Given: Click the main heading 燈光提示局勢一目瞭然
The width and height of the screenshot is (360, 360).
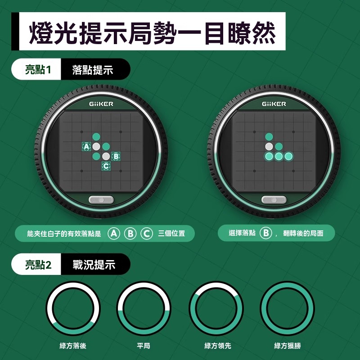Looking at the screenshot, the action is (152, 33).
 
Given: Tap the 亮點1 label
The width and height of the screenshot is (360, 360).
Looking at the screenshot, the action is (38, 70).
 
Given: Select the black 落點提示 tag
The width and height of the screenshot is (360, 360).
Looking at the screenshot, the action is (93, 70).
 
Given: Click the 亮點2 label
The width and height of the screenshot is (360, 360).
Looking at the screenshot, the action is (38, 265).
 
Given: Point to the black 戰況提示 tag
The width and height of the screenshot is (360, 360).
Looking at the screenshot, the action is (94, 265).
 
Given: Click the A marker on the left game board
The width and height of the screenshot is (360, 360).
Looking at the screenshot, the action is (86, 147).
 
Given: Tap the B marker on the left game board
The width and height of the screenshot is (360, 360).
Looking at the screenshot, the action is (116, 156).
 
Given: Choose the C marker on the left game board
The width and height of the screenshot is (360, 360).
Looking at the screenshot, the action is (106, 166).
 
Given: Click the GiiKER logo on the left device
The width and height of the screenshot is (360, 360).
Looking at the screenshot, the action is (101, 104).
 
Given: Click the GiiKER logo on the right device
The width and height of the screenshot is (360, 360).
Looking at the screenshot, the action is (274, 104).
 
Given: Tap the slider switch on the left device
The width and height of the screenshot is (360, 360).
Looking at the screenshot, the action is (101, 200).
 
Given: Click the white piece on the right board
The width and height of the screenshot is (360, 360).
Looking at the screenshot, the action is (269, 147).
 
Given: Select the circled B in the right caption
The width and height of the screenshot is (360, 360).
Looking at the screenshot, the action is (265, 233).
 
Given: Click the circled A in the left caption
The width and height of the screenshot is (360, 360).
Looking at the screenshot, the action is (114, 234).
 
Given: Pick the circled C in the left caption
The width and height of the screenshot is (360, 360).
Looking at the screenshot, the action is (147, 234).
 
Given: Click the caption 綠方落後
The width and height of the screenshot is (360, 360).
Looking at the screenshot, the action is (73, 346).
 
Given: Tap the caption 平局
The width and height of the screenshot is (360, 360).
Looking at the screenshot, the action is (144, 346).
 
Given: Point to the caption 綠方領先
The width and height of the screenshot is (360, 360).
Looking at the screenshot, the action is (218, 346).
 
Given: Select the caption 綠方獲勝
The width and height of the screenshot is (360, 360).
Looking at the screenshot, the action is (288, 346).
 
